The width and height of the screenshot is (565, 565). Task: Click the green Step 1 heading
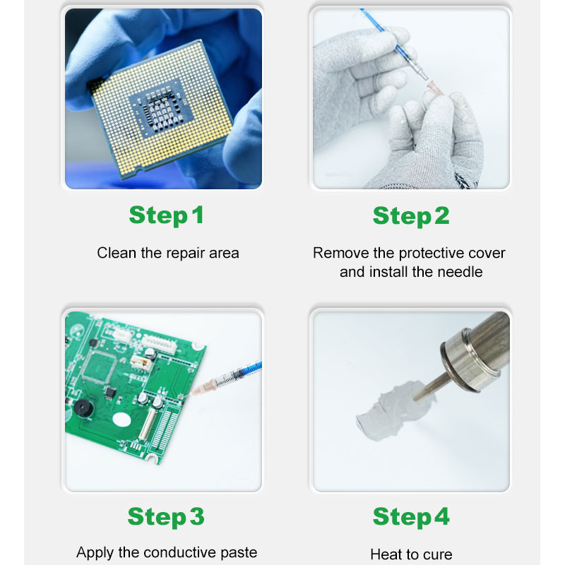click(167, 215)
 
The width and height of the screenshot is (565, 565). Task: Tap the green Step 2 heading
click(411, 216)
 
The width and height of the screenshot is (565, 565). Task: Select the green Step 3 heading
click(166, 517)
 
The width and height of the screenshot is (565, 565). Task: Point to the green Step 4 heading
click(411, 517)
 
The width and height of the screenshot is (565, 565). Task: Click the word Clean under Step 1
click(117, 253)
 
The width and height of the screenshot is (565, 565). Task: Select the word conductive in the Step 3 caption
click(180, 552)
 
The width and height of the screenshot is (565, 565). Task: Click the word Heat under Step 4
click(386, 554)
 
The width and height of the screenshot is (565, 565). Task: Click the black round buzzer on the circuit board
click(82, 408)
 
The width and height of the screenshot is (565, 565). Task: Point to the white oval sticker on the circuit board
click(121, 420)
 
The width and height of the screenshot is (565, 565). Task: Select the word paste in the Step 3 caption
click(239, 553)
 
